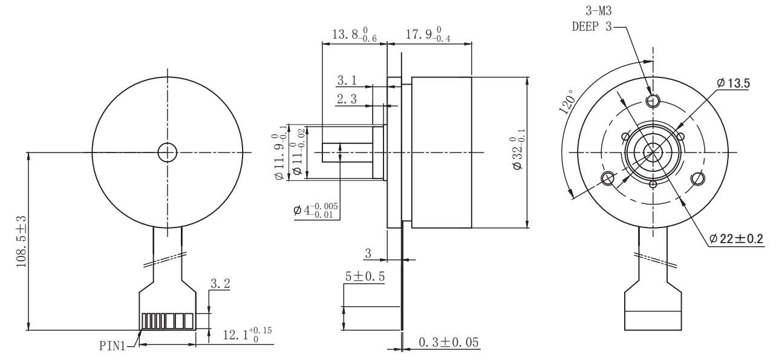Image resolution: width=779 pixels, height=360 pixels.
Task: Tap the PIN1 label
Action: [114, 346]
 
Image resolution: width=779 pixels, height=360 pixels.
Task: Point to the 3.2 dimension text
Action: [220, 283]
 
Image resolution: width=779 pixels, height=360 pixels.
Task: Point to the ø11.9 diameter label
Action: [281, 151]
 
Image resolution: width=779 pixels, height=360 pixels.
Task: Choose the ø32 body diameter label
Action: [518, 152]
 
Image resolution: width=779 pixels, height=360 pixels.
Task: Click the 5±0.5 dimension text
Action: [365, 276]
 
